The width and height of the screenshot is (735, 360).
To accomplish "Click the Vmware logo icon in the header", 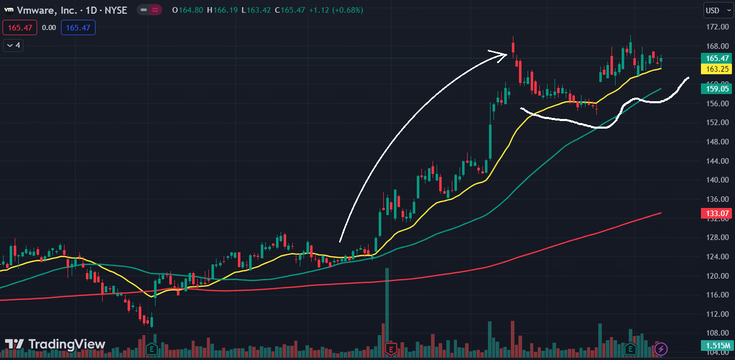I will pyautogui.click(x=9, y=10).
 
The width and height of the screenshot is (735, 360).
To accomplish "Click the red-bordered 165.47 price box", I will pyautogui.click(x=19, y=27).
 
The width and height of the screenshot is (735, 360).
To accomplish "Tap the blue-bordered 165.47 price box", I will pyautogui.click(x=78, y=27).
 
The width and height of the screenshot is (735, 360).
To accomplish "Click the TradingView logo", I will pyautogui.click(x=55, y=344).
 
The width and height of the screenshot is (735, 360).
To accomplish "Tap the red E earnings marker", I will pyautogui.click(x=391, y=349).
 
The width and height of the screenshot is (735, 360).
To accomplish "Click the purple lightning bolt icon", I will pyautogui.click(x=661, y=349).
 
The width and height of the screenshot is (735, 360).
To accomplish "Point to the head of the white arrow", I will pyautogui.click(x=506, y=54).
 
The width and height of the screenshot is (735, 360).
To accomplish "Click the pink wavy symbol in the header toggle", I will pyautogui.click(x=154, y=10).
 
